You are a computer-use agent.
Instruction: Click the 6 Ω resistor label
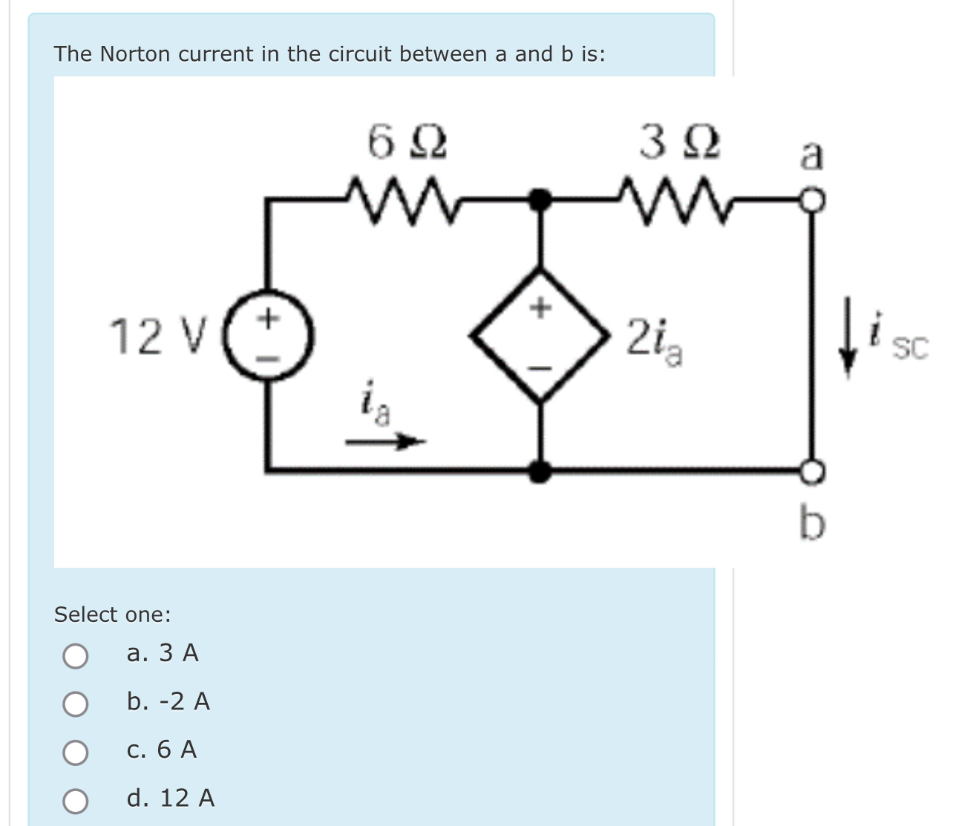(x=407, y=142)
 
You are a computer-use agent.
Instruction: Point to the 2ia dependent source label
(x=654, y=339)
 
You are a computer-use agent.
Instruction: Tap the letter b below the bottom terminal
(x=812, y=522)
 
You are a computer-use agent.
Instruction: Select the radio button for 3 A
(x=75, y=655)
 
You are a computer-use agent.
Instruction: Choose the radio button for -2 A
(x=75, y=704)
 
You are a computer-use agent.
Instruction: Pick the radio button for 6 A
(x=75, y=752)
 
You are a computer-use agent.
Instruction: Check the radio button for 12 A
(x=75, y=800)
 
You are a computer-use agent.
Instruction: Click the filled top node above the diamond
(x=541, y=200)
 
